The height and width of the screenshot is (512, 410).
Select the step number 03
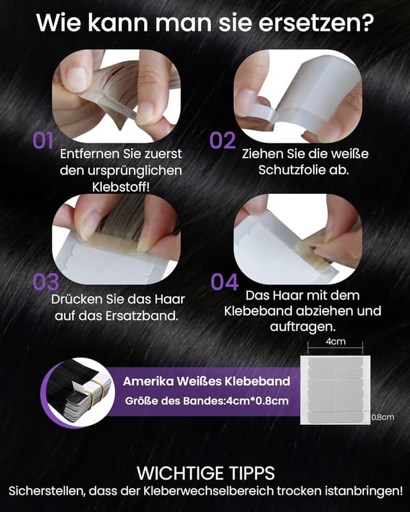coord(45,282)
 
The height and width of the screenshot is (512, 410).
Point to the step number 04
coord(224,282)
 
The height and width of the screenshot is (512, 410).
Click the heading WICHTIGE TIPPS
coord(206,474)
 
